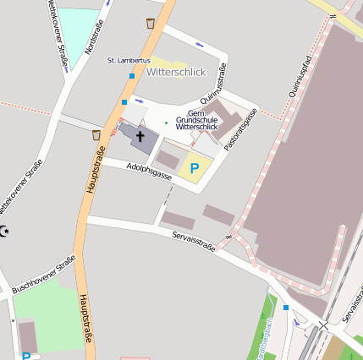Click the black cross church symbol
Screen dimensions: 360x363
click(x=140, y=135)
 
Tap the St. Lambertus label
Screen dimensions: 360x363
click(x=129, y=62)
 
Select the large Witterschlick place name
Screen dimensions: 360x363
click(x=176, y=73)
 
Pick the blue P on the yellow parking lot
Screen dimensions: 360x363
click(x=195, y=168)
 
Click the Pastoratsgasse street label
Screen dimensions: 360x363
click(x=240, y=131)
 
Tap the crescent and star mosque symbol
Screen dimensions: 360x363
click(x=5, y=232)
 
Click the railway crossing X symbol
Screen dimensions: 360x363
click(x=323, y=325)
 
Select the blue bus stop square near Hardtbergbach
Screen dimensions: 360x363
click(x=286, y=307)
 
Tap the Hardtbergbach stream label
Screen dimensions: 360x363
click(x=268, y=338)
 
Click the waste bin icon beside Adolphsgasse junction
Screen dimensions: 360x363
click(x=96, y=134)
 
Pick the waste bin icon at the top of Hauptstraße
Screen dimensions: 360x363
click(x=151, y=23)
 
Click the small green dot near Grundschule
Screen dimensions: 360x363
click(x=166, y=123)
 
